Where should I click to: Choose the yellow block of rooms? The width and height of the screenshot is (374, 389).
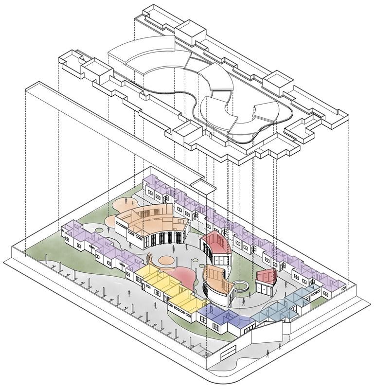163,287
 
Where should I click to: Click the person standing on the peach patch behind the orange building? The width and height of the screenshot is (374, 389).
128,200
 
